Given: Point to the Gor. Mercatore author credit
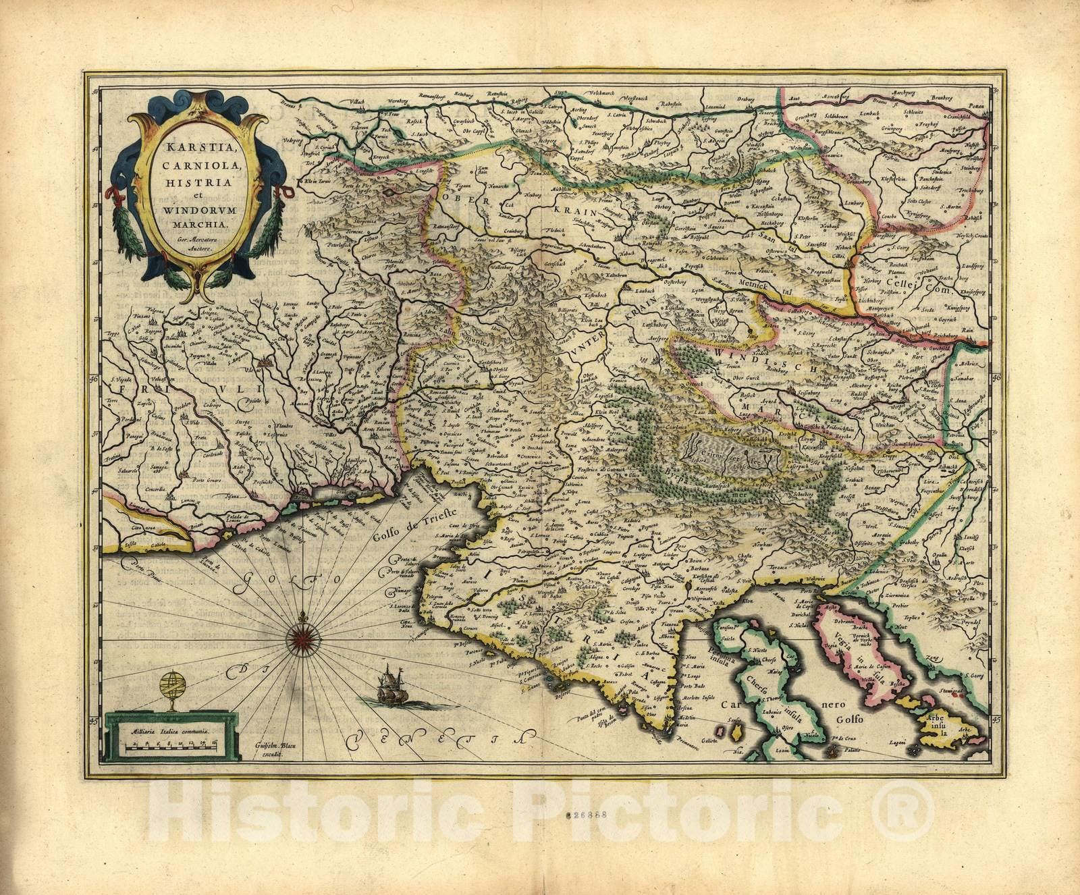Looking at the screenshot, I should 187,239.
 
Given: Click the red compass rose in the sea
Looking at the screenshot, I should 299,634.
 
